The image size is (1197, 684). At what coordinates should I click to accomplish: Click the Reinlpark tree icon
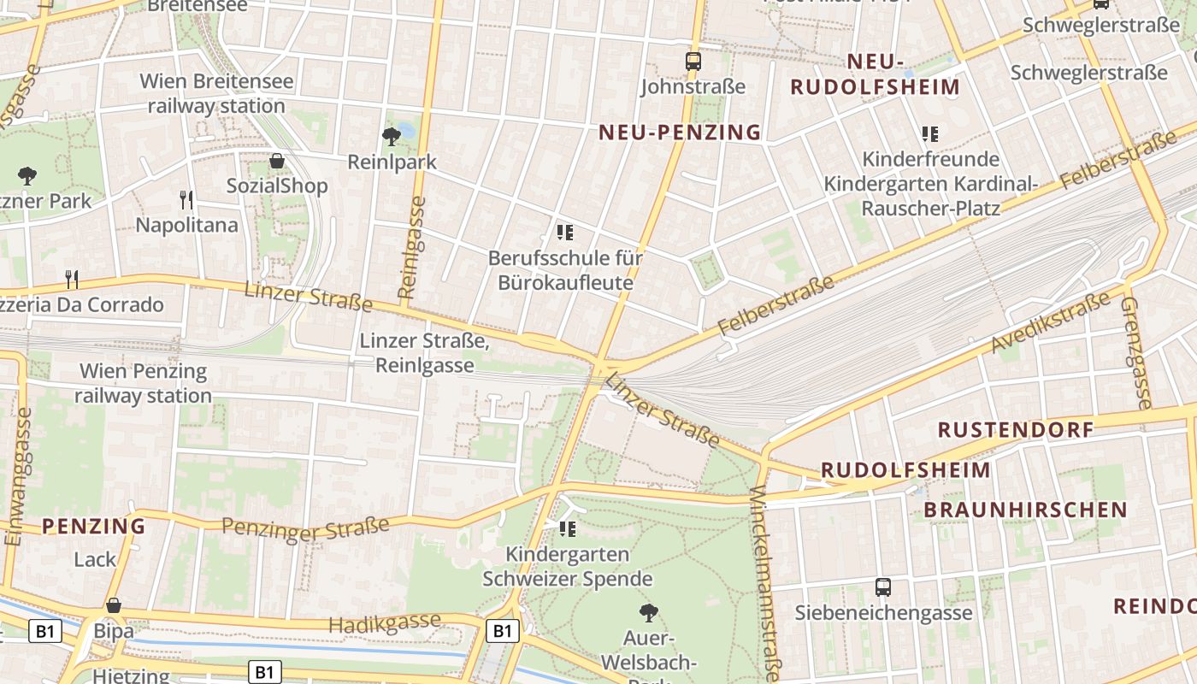point(392,135)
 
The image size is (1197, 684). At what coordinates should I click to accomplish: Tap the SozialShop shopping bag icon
point(277,161)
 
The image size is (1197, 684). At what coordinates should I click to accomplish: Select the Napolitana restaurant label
point(186,225)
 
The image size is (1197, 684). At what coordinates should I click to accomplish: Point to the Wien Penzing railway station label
point(143,383)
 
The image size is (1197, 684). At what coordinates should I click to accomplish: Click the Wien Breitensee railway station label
point(216,94)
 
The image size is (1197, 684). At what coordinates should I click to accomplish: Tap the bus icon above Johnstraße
point(693,62)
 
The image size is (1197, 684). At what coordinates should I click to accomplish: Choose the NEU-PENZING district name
point(680,132)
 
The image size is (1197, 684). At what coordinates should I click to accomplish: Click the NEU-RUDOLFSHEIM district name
point(875,74)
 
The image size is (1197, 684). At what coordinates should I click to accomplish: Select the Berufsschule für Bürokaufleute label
point(565,269)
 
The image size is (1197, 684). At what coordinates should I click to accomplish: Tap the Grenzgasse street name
point(1136,352)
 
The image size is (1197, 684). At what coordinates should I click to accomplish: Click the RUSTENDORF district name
point(1016,429)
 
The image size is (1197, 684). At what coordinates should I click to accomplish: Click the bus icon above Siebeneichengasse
point(883,587)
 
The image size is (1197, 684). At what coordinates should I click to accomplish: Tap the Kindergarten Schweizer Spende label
point(567,566)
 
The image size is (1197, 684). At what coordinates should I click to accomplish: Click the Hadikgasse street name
point(384,623)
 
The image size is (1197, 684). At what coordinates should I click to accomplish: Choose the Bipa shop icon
point(114,606)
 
